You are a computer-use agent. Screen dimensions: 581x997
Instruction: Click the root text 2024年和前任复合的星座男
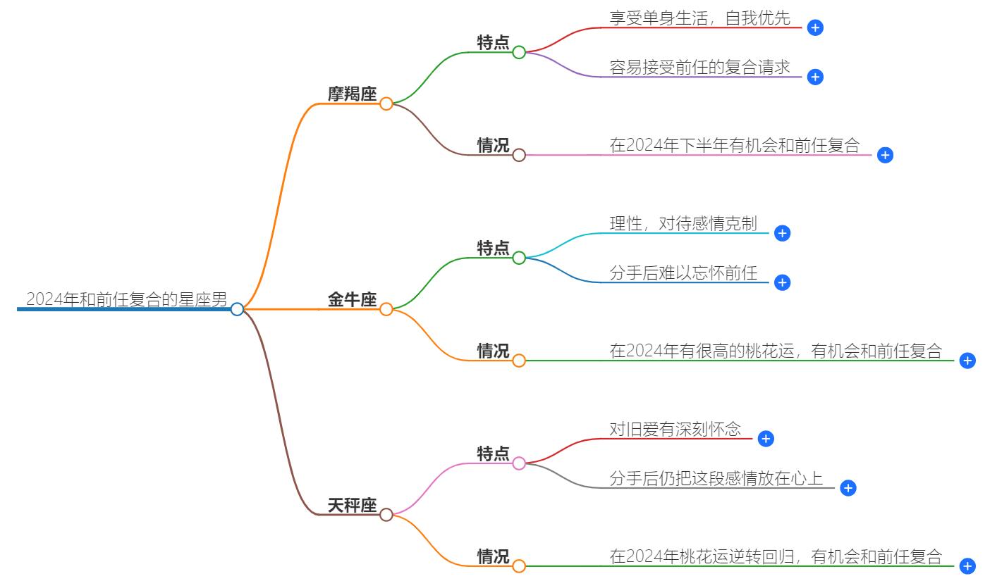pyautogui.click(x=127, y=300)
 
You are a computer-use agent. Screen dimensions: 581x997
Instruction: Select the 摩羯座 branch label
pyautogui.click(x=352, y=94)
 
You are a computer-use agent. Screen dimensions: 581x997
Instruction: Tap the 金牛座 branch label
pyautogui.click(x=352, y=300)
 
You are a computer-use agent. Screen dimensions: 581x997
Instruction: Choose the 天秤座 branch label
pyautogui.click(x=352, y=506)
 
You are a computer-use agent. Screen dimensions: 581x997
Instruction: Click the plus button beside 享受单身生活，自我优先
pyautogui.click(x=816, y=27)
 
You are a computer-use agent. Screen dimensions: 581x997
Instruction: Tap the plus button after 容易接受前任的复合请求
pyautogui.click(x=816, y=77)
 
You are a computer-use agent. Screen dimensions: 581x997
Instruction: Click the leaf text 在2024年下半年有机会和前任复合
pyautogui.click(x=735, y=146)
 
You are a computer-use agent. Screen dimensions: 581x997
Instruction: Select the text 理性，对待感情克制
pyautogui.click(x=683, y=224)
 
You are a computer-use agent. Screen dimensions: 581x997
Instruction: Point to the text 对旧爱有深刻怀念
pyautogui.click(x=675, y=430)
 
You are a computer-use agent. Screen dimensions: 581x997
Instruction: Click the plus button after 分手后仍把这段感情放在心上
pyautogui.click(x=848, y=488)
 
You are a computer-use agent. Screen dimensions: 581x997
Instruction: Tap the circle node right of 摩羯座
pyautogui.click(x=386, y=104)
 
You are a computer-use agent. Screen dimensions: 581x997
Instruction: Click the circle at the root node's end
pyautogui.click(x=237, y=309)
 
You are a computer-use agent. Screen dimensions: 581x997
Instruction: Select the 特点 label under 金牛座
pyautogui.click(x=493, y=249)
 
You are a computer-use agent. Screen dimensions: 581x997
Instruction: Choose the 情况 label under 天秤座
pyautogui.click(x=493, y=557)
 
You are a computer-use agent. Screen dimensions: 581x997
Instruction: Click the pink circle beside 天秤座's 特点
pyautogui.click(x=519, y=463)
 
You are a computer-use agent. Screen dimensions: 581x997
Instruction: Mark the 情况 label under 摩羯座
pyautogui.click(x=493, y=146)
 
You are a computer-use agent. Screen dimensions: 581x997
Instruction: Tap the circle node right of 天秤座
pyautogui.click(x=386, y=515)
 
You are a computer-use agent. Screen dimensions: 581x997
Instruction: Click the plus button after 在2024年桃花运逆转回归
pyautogui.click(x=967, y=566)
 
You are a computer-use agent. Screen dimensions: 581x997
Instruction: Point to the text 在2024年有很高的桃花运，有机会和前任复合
pyautogui.click(x=776, y=351)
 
